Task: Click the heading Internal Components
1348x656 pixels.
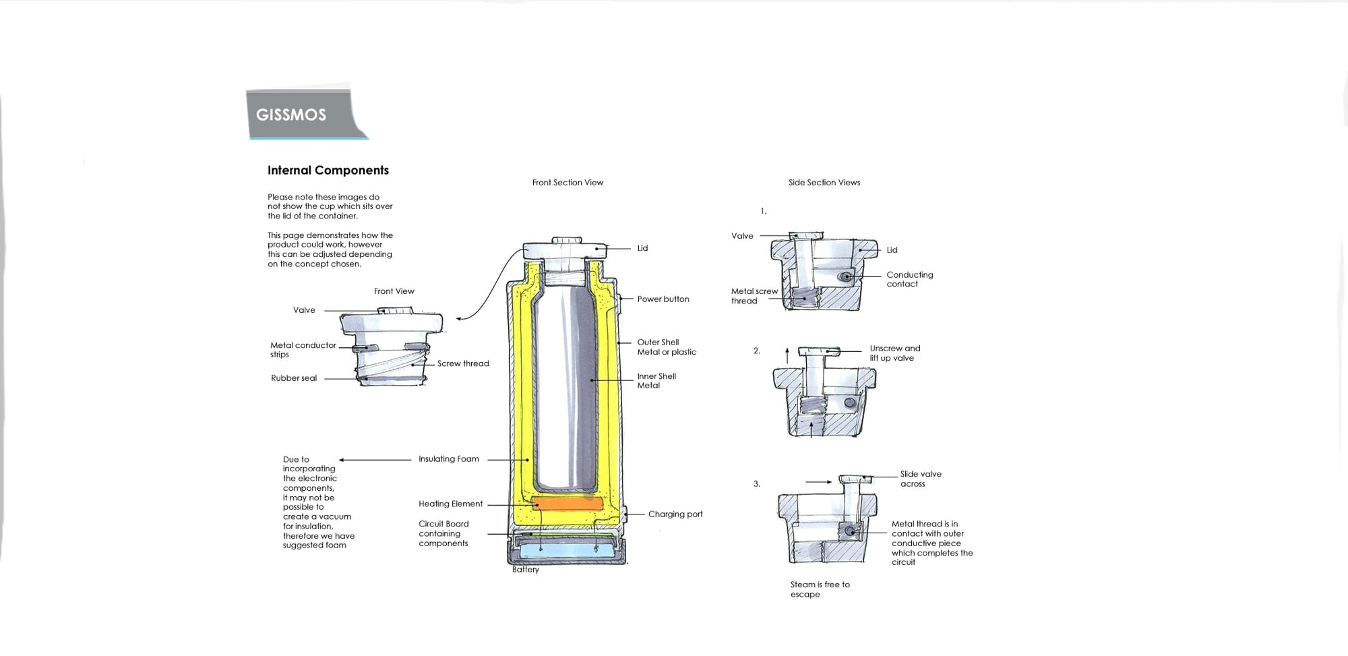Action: coord(328,170)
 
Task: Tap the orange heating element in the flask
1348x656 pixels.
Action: coord(567,503)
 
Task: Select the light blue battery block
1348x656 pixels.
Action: coord(567,551)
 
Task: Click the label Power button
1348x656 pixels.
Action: coord(663,299)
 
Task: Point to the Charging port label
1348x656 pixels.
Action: coord(675,514)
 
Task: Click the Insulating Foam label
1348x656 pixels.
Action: coord(448,459)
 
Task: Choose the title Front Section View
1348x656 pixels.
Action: coord(568,182)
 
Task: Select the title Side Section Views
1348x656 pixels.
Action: coord(824,182)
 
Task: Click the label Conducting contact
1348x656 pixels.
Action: coord(909,279)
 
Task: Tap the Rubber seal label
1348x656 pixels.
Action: coord(293,378)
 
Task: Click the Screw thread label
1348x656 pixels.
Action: coord(462,363)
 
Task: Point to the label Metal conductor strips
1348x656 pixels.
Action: coord(303,349)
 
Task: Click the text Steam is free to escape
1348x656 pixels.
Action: coord(819,589)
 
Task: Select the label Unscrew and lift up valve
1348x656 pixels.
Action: coord(894,353)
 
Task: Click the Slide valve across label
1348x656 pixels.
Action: coord(920,479)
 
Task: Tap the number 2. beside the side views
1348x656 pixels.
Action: coord(756,351)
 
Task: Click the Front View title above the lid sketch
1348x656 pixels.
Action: coord(394,291)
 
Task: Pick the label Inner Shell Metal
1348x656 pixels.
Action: coord(656,381)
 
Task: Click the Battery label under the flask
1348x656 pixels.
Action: coord(525,570)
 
